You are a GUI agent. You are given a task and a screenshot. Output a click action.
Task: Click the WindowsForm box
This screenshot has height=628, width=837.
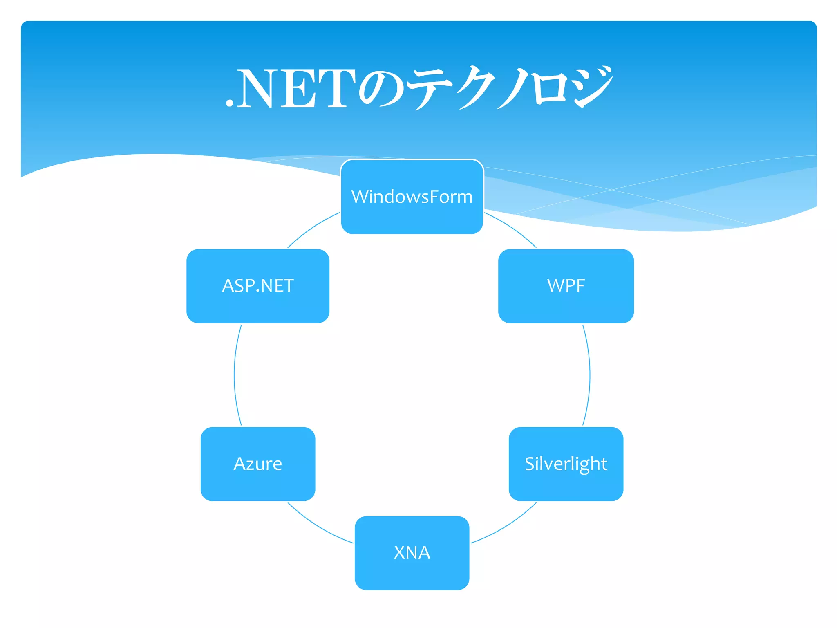(x=412, y=197)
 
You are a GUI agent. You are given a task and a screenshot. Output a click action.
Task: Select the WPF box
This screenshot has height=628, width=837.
(x=566, y=286)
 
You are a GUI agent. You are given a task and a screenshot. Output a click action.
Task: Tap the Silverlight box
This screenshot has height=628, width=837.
(x=566, y=464)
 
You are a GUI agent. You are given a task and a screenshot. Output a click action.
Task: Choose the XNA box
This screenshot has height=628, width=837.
(x=412, y=553)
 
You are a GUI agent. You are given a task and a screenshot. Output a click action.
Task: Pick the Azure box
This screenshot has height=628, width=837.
(x=258, y=464)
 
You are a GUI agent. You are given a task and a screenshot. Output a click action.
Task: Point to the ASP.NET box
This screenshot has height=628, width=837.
(x=258, y=286)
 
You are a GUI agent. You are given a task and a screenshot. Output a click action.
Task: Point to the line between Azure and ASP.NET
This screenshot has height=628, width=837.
(x=234, y=375)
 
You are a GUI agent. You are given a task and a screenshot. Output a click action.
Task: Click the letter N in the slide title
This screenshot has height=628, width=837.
(x=256, y=89)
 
